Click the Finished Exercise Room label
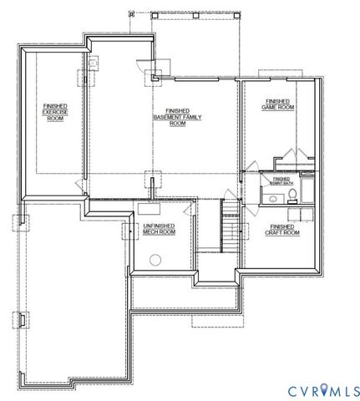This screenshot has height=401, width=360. click(x=55, y=113)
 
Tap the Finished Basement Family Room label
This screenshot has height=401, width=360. click(x=176, y=116)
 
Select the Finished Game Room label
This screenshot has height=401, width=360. click(x=280, y=104)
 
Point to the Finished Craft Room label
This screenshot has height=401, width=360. click(x=281, y=229)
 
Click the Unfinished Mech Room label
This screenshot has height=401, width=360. click(x=159, y=229)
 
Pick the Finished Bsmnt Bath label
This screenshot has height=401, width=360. click(x=281, y=180)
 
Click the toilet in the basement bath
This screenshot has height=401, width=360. click(x=292, y=195)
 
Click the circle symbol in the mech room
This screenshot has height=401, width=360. click(x=155, y=260)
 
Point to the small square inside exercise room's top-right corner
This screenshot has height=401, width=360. click(x=93, y=60)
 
